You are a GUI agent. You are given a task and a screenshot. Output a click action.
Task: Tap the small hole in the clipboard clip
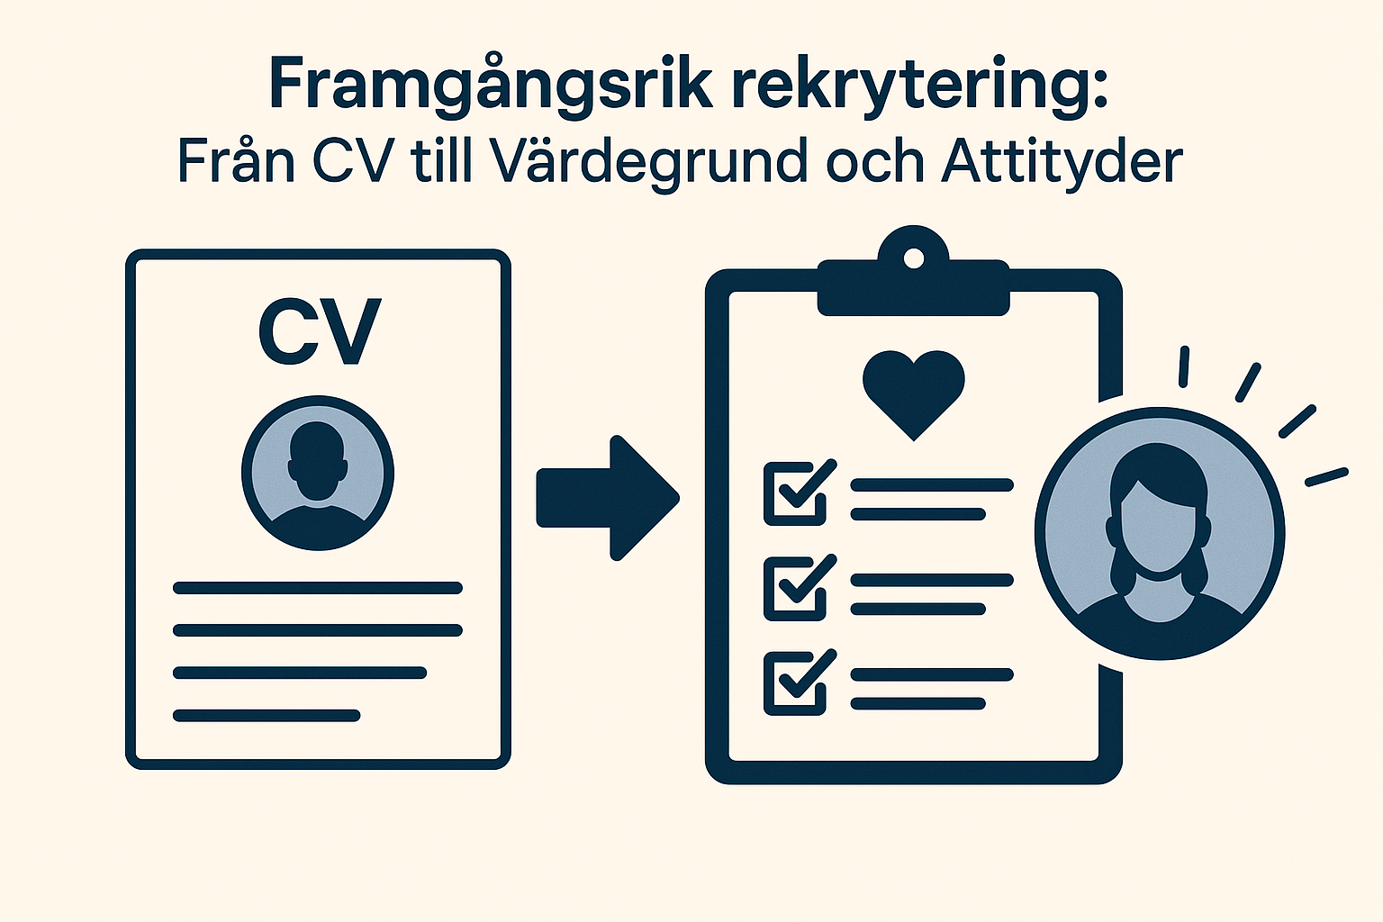[x=914, y=259]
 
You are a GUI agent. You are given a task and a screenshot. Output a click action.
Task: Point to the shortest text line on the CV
[x=267, y=716]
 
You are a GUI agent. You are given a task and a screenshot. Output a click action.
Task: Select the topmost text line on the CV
[x=318, y=588]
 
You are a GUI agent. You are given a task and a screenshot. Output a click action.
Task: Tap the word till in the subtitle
[x=441, y=162]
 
